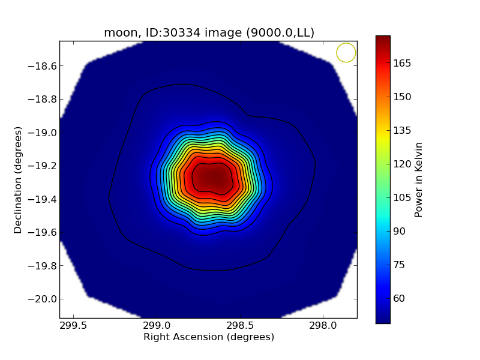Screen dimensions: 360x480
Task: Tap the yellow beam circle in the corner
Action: pos(346,53)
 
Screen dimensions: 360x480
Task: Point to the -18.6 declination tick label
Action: pos(41,66)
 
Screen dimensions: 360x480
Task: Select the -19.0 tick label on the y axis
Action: pos(41,133)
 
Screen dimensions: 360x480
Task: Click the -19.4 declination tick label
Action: pos(41,199)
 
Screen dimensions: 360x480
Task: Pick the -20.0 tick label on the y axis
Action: pos(41,299)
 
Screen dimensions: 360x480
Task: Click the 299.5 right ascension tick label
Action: pos(73,326)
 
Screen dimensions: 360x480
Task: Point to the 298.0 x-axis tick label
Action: pos(323,326)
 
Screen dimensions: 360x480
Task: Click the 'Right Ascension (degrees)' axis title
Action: pos(209,337)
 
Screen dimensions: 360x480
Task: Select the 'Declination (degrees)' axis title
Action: pos(18,179)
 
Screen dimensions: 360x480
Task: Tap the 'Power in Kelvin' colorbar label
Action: pos(419,179)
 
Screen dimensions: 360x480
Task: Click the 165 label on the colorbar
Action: pos(402,63)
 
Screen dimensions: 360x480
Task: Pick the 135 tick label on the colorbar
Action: pos(402,130)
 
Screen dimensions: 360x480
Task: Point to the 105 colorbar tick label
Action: pos(402,197)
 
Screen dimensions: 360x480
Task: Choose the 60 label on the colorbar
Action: pos(400,298)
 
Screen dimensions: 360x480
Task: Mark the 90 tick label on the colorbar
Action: pos(400,231)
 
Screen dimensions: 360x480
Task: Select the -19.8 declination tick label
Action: pos(41,266)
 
